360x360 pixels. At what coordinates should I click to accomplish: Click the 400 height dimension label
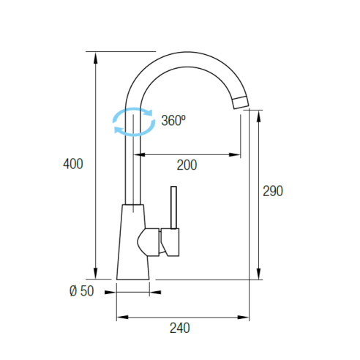(73, 164)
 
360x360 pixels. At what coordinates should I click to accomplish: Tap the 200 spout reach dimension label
(187, 165)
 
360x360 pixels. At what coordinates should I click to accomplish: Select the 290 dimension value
(273, 191)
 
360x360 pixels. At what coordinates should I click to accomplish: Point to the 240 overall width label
(180, 328)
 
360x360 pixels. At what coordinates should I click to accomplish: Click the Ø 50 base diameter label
(82, 290)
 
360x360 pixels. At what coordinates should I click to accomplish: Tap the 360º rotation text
(173, 120)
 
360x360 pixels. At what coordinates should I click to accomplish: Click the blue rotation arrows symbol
(134, 121)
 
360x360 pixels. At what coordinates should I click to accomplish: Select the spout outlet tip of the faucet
(241, 102)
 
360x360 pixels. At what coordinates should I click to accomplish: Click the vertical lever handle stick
(173, 208)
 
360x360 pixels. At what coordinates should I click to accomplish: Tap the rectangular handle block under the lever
(170, 242)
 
